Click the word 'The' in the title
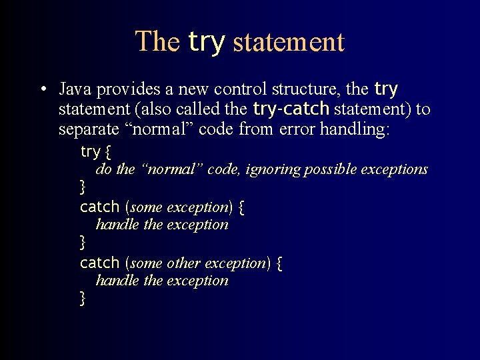point(157,41)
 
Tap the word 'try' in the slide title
point(207,41)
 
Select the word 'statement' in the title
point(289,42)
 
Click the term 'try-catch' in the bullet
point(291,108)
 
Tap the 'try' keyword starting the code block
point(89,152)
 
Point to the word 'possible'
point(329,169)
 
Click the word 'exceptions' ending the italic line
point(394,169)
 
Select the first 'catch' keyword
point(99,207)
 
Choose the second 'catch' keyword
point(99,263)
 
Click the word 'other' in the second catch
point(184,263)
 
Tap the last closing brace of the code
point(83,298)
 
